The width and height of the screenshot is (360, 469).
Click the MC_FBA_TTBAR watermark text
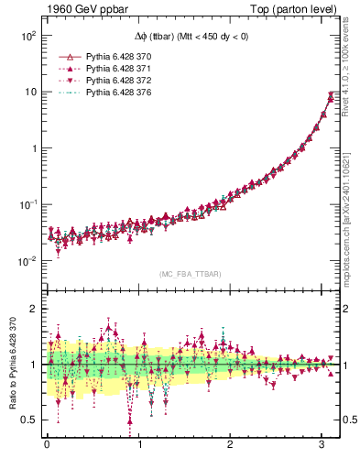pyautogui.click(x=190, y=275)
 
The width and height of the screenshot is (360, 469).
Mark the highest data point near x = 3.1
pyautogui.click(x=331, y=93)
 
